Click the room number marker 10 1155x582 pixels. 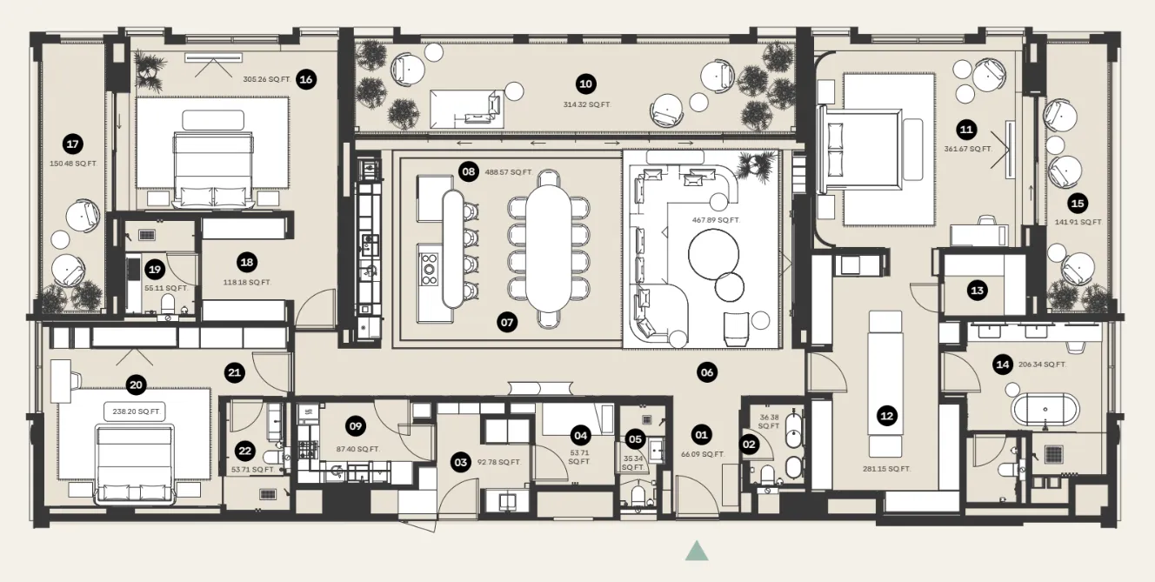pos(585,84)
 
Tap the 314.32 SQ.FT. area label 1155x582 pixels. pos(586,104)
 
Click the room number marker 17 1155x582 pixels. pos(73,144)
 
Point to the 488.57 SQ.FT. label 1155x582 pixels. pos(509,172)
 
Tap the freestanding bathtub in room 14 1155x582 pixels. pos(1044,410)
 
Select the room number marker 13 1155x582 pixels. pos(977,291)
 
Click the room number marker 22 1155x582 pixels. pos(245,451)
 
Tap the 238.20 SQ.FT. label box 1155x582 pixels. pos(135,411)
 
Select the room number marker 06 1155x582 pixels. pos(706,372)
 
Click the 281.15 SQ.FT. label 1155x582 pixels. pos(887,469)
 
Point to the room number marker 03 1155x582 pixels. pos(460,461)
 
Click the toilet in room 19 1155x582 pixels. pos(168,304)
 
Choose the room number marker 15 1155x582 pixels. pos(1078,203)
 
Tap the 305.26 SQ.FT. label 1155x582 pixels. pos(266,79)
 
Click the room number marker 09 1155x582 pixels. pos(355,426)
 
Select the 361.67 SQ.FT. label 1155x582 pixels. pos(968,149)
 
